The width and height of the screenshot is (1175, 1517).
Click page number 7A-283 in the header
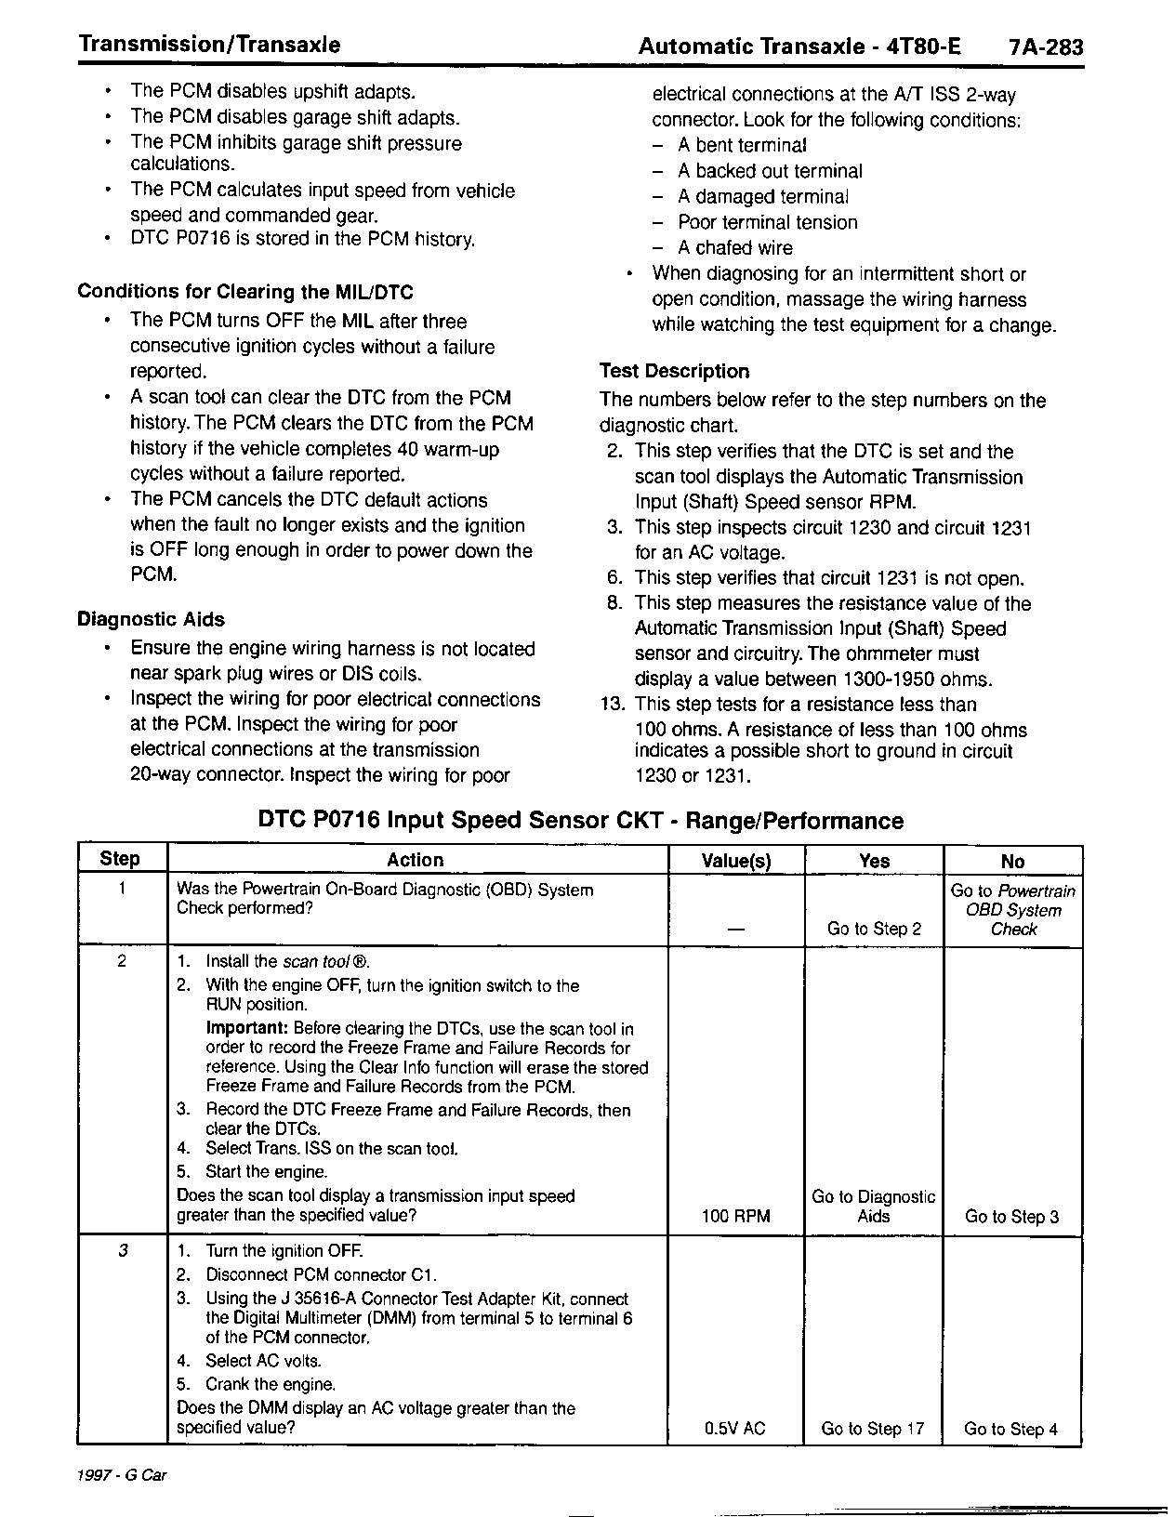coord(1045,46)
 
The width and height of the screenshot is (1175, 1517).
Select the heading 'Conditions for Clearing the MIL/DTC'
coord(245,292)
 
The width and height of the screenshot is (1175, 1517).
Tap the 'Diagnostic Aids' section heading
coord(151,619)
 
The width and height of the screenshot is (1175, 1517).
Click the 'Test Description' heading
coord(674,371)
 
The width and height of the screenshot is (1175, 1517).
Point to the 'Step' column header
coord(120,859)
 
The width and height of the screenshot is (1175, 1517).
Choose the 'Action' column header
coord(416,860)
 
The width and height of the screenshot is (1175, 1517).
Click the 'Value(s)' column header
coord(736,861)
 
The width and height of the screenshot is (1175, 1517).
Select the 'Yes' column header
coord(874,861)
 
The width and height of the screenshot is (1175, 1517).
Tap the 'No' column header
coord(1012,862)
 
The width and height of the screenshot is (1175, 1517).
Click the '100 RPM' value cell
coord(736,1216)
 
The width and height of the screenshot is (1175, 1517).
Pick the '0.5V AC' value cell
coord(735,1429)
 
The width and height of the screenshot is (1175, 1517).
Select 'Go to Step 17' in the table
coord(873,1429)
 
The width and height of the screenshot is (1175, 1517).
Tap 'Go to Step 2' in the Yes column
coord(874,929)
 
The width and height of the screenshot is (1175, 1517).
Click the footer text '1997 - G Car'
coord(124,1475)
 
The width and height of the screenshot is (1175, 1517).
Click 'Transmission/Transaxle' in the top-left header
coord(209,45)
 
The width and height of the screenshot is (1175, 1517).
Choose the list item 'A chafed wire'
coord(735,247)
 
